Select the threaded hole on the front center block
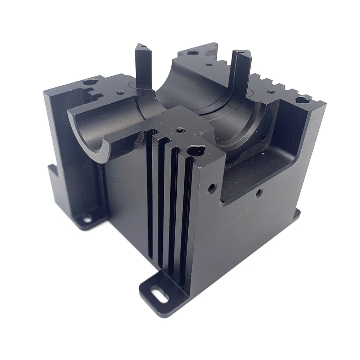click(179, 130)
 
